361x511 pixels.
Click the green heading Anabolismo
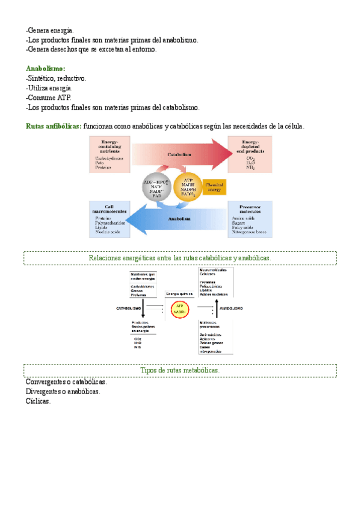click(46, 69)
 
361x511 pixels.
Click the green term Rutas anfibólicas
click(54, 127)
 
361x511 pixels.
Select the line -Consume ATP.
click(49, 98)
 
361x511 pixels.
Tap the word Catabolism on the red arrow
click(180, 155)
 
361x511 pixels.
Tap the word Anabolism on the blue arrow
click(179, 219)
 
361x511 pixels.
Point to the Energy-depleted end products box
click(250, 154)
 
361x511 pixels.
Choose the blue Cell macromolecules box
click(109, 218)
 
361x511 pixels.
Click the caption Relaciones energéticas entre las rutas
click(180, 258)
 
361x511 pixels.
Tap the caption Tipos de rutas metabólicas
click(180, 371)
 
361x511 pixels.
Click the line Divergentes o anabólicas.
click(63, 392)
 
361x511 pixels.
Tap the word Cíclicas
click(39, 401)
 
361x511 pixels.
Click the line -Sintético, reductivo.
click(57, 78)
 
